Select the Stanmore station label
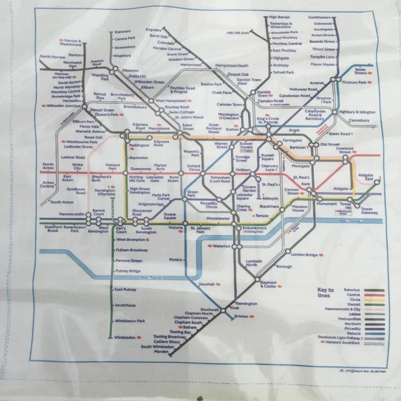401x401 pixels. click(x=122, y=31)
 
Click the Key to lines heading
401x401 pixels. click(x=328, y=292)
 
